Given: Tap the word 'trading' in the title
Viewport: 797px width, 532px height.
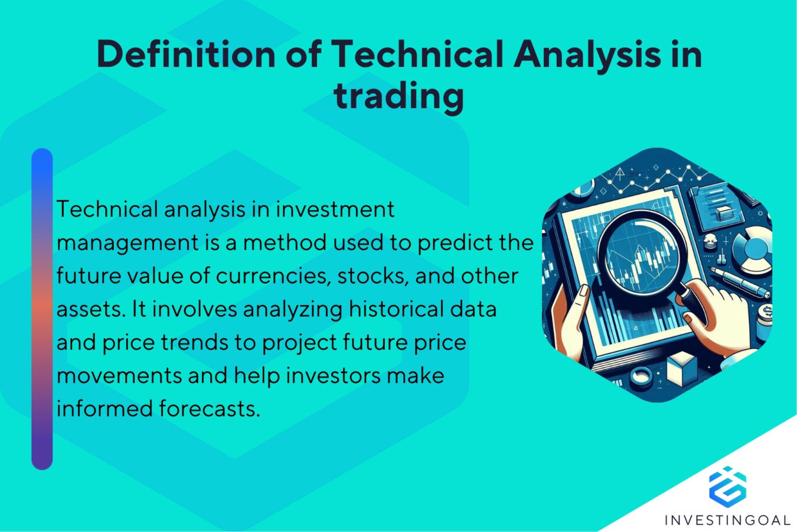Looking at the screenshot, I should coord(398,96).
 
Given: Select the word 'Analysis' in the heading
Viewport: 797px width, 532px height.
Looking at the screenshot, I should coord(587,54).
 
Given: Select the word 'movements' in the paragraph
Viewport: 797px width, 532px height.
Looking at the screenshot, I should coord(118,375).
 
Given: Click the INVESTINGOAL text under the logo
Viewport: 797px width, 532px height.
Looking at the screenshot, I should coord(727,520).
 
